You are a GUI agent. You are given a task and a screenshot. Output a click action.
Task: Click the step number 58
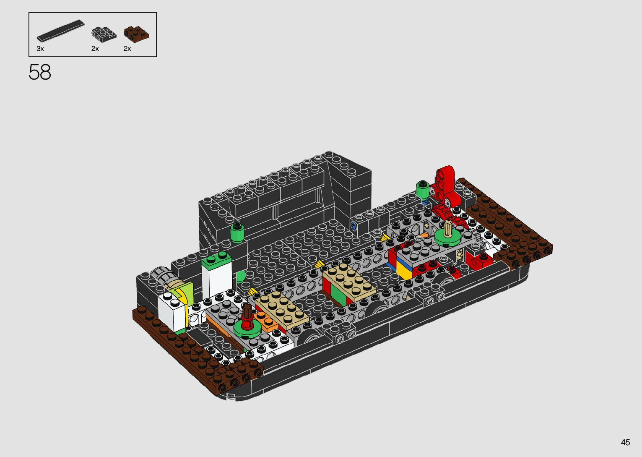40,72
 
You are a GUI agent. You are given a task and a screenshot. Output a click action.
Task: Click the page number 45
625,442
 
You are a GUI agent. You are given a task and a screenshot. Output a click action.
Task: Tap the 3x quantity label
40,49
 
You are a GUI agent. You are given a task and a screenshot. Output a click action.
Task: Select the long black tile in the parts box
61,30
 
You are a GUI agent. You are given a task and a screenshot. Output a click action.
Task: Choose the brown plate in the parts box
136,34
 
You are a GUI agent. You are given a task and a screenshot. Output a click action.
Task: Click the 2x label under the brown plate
127,49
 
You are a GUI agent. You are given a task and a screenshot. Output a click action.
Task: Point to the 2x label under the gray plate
95,49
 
